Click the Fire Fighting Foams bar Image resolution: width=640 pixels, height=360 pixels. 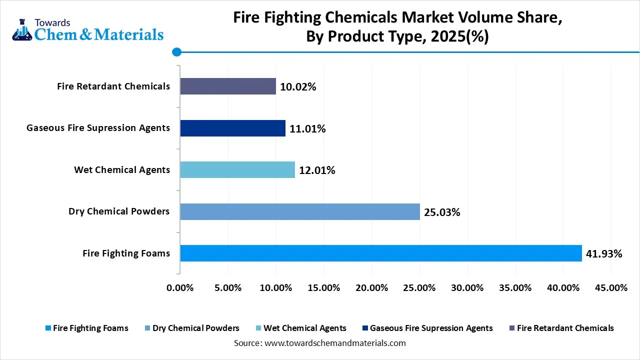pos(381,253)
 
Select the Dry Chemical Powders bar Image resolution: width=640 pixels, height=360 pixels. pos(300,211)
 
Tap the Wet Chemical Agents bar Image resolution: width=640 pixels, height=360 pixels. pos(237,170)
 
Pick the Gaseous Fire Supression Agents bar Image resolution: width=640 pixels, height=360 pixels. pos(232,128)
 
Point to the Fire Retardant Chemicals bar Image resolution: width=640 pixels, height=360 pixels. pos(228,86)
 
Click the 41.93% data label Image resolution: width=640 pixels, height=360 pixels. pos(604,254)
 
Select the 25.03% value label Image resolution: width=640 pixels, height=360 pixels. pos(442,212)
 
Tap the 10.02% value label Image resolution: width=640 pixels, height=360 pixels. pos(298,87)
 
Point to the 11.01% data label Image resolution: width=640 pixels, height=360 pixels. pos(307,129)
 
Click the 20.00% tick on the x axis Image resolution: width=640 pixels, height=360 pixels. pos(371,288)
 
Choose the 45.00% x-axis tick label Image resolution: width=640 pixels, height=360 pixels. pos(611,288)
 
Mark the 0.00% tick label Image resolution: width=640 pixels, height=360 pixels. pos(179,288)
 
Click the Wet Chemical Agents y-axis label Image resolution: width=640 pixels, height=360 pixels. pos(122,170)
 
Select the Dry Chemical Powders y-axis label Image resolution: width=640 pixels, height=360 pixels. pos(119,211)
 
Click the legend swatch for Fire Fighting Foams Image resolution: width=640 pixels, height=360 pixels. pos(48,328)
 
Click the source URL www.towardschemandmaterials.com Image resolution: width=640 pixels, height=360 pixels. pos(334,343)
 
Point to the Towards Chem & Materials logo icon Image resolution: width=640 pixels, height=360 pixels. pos(21,31)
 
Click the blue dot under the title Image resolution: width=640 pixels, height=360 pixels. pos(176,51)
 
